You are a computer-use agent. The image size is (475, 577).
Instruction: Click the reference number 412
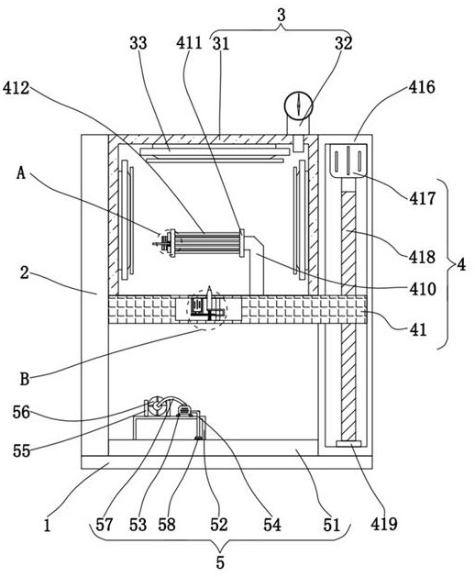click(16, 89)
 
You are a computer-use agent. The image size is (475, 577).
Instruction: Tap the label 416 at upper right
click(422, 87)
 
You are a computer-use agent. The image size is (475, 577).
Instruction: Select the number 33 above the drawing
click(138, 43)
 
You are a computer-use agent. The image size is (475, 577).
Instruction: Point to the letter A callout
click(21, 172)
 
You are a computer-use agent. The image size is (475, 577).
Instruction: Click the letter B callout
click(24, 379)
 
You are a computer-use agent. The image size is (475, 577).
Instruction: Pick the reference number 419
click(384, 524)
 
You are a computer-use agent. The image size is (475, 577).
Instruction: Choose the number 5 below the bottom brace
click(220, 562)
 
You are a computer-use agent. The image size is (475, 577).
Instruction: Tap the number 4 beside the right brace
click(461, 264)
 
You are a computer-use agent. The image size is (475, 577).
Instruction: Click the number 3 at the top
click(282, 15)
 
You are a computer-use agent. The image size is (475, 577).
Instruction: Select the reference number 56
click(21, 412)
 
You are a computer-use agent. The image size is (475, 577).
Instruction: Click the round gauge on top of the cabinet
click(298, 105)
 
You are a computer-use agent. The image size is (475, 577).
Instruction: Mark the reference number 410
click(423, 289)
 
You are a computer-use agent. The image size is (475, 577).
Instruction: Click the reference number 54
click(272, 525)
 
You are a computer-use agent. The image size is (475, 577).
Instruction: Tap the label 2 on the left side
click(24, 273)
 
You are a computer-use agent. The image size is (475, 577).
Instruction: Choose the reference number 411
click(189, 43)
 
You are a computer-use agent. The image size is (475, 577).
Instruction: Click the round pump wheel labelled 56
click(157, 405)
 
